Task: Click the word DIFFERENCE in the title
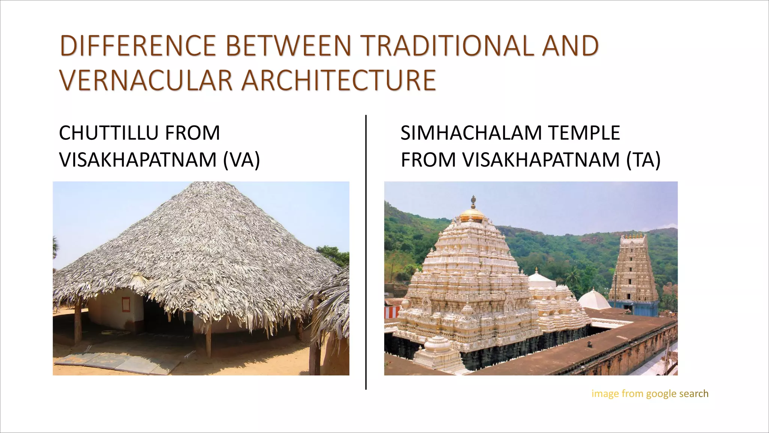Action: click(138, 46)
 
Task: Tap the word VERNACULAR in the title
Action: click(146, 80)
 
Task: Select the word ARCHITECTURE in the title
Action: click(338, 80)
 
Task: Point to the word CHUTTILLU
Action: click(109, 133)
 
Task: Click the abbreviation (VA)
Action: click(241, 160)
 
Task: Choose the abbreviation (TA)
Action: click(643, 160)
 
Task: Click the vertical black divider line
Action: click(366, 252)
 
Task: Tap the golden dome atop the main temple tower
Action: click(473, 214)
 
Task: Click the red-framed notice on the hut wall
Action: click(125, 304)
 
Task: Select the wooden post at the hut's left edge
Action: click(78, 323)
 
